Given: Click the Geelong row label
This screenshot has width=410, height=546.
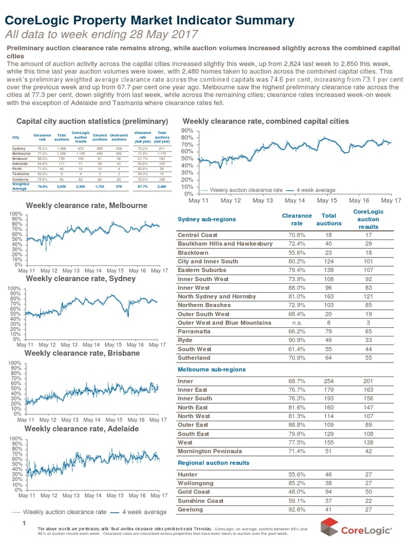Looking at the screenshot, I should [x=191, y=510].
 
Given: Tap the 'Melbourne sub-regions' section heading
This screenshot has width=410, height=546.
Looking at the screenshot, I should [x=211, y=370].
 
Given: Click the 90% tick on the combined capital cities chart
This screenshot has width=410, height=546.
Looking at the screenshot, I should [x=186, y=130].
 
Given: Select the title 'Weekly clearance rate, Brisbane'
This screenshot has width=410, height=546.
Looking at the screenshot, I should [x=86, y=354].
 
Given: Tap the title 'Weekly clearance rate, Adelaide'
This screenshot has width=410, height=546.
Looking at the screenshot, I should [x=86, y=428].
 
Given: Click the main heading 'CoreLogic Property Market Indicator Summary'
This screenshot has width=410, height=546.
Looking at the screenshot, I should [x=149, y=21].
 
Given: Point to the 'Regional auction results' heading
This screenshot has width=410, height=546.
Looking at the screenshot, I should [x=213, y=462].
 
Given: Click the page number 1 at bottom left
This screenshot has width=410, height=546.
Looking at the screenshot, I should [x=24, y=523].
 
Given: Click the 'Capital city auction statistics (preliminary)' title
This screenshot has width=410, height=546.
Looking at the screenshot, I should [x=93, y=121].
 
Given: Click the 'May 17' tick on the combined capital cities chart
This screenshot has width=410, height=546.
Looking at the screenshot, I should [x=390, y=201].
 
